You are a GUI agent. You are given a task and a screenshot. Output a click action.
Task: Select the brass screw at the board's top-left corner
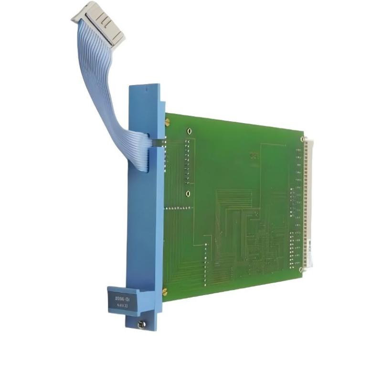point(167,123)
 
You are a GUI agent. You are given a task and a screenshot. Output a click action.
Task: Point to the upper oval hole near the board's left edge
point(190,131)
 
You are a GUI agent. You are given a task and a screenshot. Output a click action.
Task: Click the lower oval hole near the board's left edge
point(188,193)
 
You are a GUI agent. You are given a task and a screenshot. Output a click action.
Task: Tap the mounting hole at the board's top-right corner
point(302,139)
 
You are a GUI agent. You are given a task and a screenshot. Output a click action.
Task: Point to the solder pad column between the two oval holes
point(188,162)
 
